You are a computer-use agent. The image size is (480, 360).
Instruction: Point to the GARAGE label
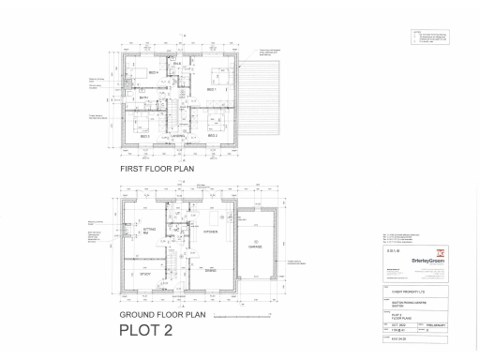(255, 247)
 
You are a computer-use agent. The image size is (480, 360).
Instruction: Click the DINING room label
(212, 271)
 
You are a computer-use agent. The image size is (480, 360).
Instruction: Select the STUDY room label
(146, 275)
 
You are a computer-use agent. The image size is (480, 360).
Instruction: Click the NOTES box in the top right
(428, 37)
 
